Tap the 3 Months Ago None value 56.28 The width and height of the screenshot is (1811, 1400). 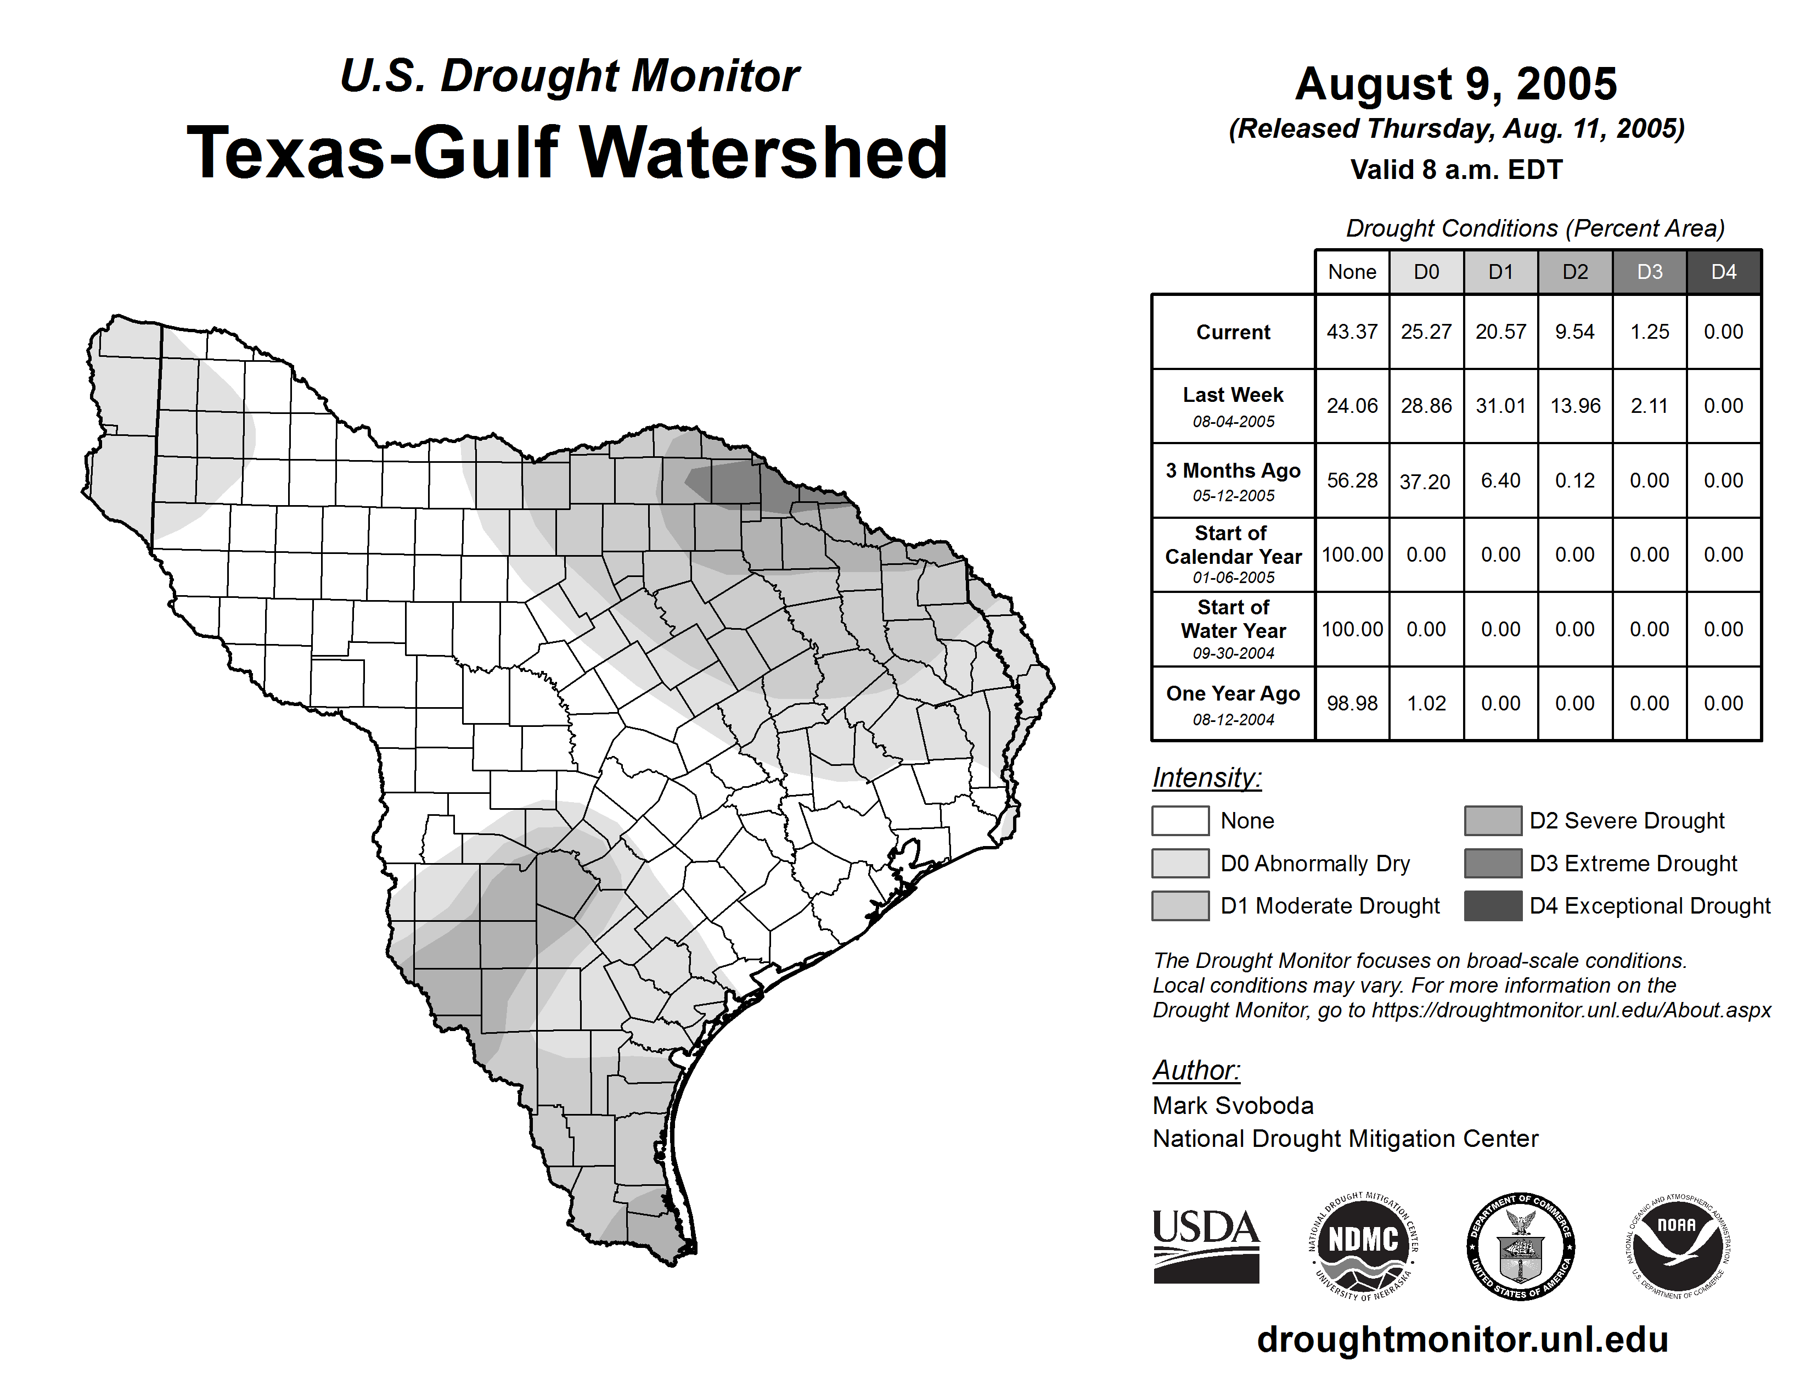click(x=1352, y=480)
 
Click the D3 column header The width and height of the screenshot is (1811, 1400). click(x=1649, y=272)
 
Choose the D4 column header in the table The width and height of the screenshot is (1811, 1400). click(x=1723, y=272)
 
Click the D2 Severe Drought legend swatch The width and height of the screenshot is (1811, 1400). click(x=1493, y=820)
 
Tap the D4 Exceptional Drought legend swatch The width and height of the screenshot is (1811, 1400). click(x=1493, y=906)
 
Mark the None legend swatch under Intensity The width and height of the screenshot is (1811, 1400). click(x=1180, y=820)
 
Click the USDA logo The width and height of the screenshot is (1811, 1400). click(x=1206, y=1246)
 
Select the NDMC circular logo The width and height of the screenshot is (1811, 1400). click(x=1363, y=1246)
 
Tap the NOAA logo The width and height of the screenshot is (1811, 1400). click(x=1678, y=1246)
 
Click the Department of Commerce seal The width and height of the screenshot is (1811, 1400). click(x=1520, y=1246)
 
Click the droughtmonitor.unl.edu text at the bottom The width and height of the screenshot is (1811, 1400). click(x=1462, y=1340)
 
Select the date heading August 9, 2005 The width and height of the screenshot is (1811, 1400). click(x=1455, y=84)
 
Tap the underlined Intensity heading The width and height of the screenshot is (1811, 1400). click(x=1206, y=778)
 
